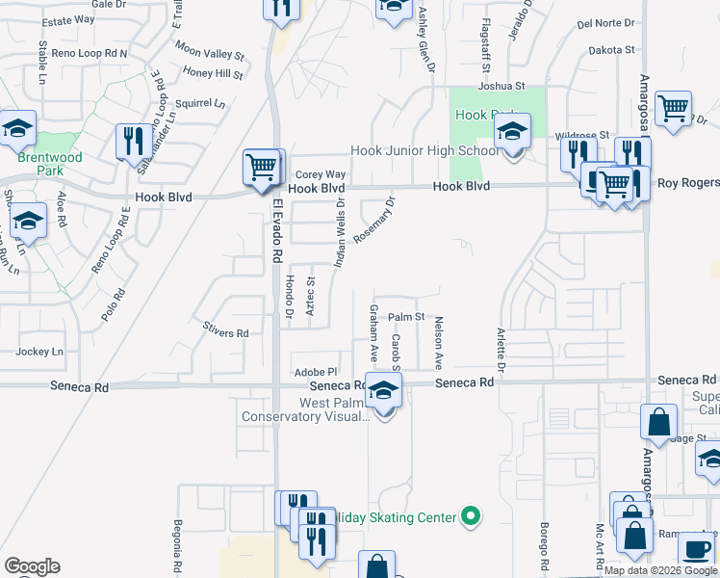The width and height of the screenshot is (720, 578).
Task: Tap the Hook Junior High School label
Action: (x=424, y=151)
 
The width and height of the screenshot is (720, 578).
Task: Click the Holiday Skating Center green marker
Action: (x=471, y=517)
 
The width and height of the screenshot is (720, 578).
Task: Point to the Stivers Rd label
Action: (x=226, y=333)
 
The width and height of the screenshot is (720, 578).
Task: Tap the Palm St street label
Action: (x=406, y=316)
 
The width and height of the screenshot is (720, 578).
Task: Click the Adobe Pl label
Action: (x=317, y=371)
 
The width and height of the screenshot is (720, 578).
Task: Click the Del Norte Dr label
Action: (x=606, y=23)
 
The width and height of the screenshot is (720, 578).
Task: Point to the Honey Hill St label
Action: (x=213, y=73)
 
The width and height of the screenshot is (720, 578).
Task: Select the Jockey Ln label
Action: (x=44, y=352)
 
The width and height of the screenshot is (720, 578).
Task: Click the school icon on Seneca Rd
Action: (x=383, y=391)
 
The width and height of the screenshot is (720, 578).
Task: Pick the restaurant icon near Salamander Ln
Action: (x=130, y=142)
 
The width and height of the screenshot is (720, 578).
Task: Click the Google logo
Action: (x=32, y=566)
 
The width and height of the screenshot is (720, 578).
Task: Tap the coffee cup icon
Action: (x=695, y=549)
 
